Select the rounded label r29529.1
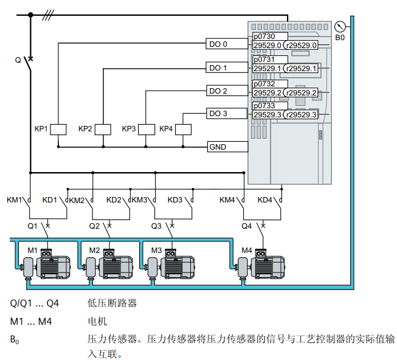tap(302, 69)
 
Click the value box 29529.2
tap(268, 92)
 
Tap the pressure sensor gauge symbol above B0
tap(340, 27)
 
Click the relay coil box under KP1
tap(58, 129)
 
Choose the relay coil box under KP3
tap(147, 129)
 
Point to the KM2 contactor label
tap(77, 200)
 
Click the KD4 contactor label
tap(265, 200)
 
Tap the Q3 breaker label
tap(156, 226)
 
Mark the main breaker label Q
tap(18, 60)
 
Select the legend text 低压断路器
tap(112, 302)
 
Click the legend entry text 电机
tap(97, 321)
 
